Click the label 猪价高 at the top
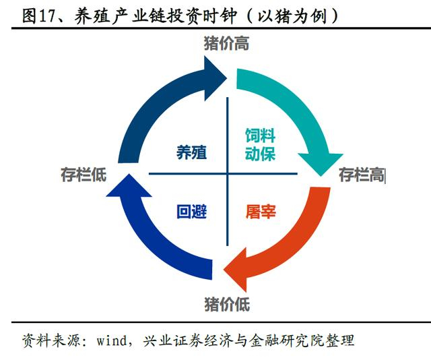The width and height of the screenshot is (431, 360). click(x=226, y=44)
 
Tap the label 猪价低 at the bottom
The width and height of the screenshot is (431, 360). click(x=226, y=304)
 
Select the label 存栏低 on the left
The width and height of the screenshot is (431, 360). click(x=84, y=176)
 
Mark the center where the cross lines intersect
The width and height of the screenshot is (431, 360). click(x=227, y=174)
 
